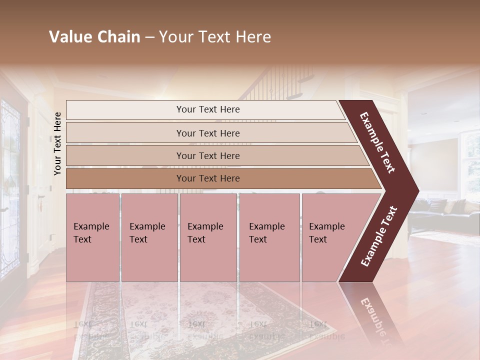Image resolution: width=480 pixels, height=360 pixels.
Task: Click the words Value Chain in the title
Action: (94, 37)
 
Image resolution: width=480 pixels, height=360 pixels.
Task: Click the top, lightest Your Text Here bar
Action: (207, 109)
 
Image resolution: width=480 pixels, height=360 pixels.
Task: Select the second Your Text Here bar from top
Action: (207, 133)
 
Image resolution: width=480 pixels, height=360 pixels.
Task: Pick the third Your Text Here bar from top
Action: (207, 155)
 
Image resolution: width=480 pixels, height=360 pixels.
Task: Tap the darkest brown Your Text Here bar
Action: (207, 178)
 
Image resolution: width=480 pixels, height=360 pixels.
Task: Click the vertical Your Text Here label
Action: (57, 143)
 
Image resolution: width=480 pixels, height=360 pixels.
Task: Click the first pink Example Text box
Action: (92, 237)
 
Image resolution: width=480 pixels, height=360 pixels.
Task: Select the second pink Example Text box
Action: (149, 237)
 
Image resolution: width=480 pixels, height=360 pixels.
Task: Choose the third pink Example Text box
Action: (207, 237)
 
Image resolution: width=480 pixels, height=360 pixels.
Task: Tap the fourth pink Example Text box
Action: (269, 237)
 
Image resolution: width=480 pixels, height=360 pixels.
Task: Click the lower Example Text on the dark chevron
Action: (379, 236)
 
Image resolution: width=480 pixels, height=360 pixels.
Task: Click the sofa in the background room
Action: (445, 212)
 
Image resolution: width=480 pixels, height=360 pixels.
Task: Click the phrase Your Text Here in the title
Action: (215, 37)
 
